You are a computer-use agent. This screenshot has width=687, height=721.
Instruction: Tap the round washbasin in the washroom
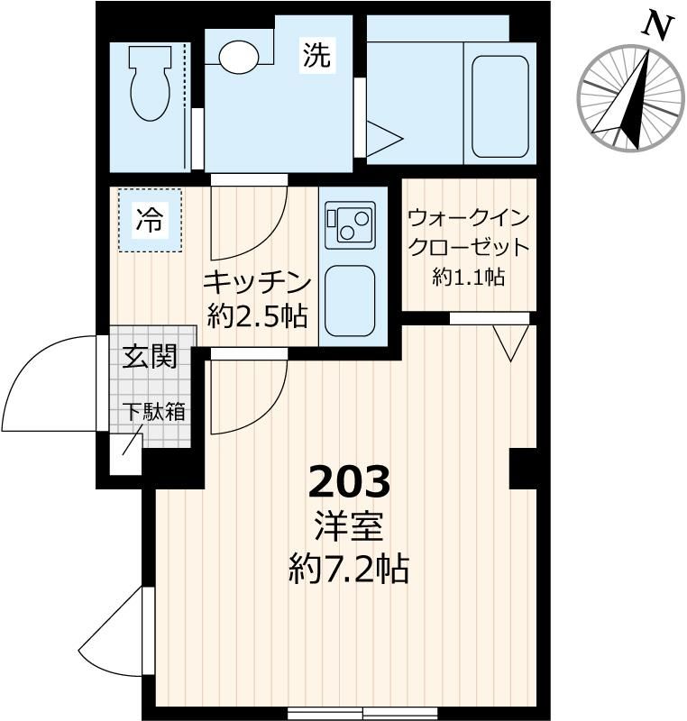click(239, 58)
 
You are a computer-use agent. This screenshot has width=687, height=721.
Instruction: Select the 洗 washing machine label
click(316, 57)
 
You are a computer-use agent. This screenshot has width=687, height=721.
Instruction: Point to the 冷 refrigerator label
click(150, 220)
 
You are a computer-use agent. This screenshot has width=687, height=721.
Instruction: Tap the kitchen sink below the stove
click(350, 300)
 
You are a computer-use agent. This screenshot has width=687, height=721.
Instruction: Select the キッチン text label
click(257, 281)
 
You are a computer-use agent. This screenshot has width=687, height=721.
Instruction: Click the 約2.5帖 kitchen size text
click(257, 315)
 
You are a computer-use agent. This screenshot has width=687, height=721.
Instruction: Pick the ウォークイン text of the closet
click(467, 219)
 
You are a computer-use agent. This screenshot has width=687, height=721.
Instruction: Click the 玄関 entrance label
click(150, 357)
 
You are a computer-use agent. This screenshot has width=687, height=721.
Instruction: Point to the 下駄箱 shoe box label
click(153, 412)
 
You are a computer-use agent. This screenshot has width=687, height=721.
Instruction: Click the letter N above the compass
click(659, 27)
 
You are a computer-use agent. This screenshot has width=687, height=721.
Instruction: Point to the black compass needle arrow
click(631, 104)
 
